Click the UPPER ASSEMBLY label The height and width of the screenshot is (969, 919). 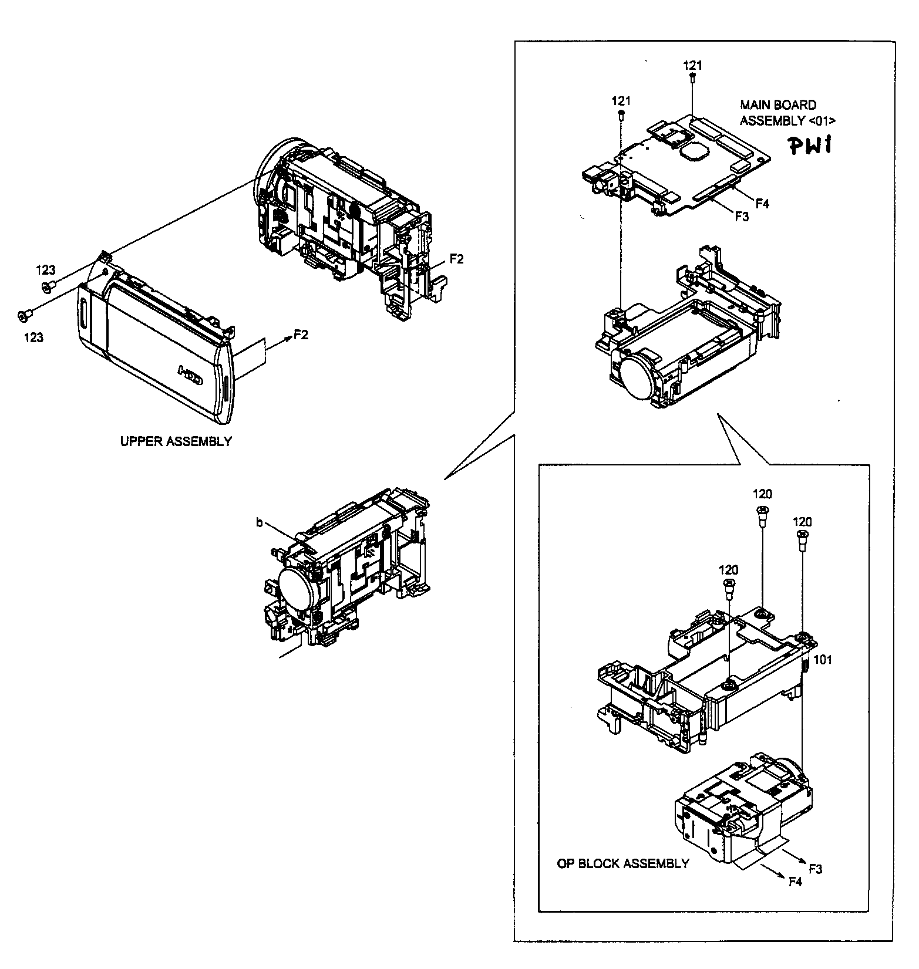(x=176, y=441)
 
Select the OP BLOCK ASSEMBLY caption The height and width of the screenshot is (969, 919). (x=622, y=863)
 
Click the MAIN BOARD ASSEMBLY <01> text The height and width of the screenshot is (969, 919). (x=786, y=113)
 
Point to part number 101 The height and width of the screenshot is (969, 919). (x=823, y=660)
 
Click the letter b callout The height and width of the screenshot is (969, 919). (x=259, y=522)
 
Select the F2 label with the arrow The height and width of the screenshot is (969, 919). (x=301, y=335)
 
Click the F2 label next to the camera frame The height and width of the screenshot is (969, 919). (x=456, y=259)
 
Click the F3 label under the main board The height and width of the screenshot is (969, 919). (x=742, y=217)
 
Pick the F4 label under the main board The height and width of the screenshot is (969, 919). (x=762, y=204)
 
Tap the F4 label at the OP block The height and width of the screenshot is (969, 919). (x=795, y=881)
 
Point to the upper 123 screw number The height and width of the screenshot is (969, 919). (x=46, y=270)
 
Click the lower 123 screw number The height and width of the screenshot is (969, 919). (x=33, y=337)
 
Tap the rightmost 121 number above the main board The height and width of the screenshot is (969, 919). (x=693, y=65)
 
